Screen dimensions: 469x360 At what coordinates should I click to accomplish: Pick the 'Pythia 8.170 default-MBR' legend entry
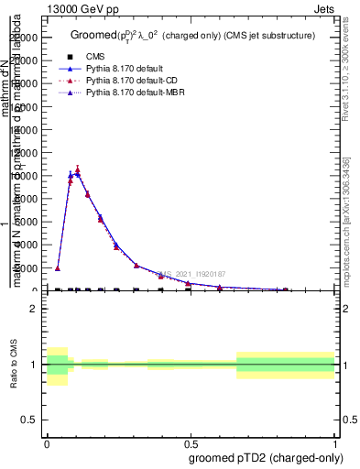(136, 93)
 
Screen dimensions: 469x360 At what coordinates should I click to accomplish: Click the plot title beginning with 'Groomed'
(192, 36)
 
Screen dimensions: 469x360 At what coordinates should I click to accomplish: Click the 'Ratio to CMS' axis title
(13, 365)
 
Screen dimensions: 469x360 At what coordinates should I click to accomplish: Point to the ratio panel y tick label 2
(34, 309)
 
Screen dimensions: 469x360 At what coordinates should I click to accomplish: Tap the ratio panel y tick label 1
(34, 365)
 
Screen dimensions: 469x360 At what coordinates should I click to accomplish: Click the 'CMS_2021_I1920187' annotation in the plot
(192, 274)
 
